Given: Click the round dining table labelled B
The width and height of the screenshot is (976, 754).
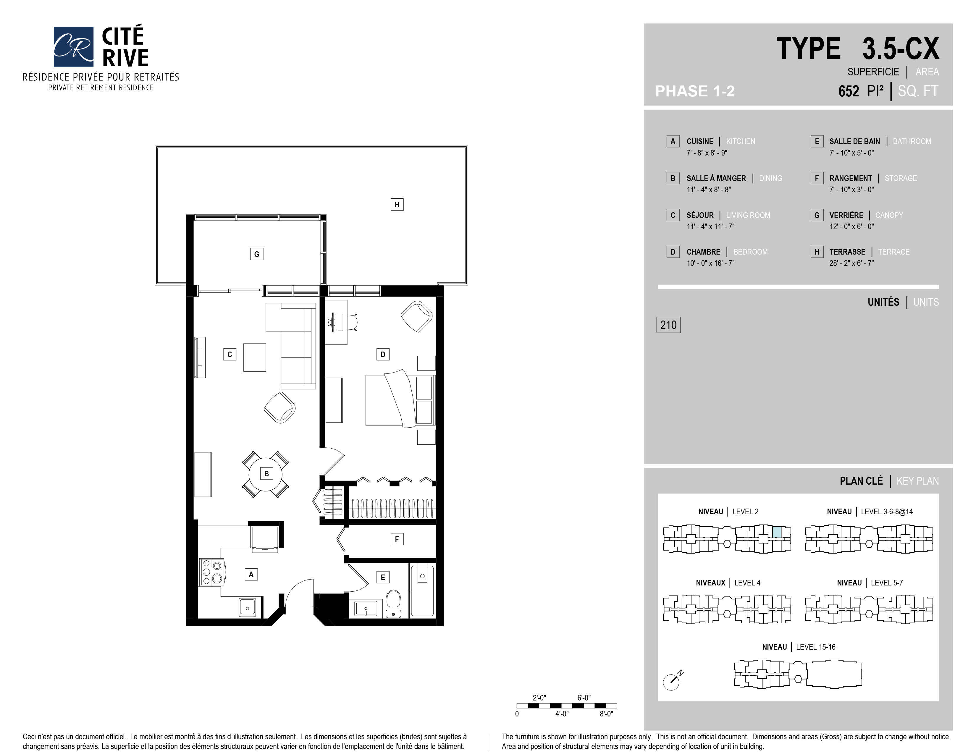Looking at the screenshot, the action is [x=266, y=474].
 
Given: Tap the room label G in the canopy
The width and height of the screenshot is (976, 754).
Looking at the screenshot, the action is [x=256, y=254].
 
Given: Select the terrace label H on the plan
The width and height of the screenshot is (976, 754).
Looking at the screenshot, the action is [x=397, y=205].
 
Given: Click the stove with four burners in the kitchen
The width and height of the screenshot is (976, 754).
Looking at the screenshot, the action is [x=212, y=572].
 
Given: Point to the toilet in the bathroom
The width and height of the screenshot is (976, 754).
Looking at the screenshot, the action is [x=393, y=604].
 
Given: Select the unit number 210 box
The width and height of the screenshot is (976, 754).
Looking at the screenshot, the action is [x=668, y=325].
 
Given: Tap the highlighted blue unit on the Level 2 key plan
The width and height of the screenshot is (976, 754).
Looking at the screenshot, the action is [x=777, y=532].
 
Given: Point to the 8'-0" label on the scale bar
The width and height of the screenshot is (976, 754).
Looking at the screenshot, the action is [x=606, y=714].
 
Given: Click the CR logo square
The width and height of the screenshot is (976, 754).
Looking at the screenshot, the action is [x=73, y=46].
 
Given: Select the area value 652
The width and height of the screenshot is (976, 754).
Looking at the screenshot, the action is [x=848, y=91].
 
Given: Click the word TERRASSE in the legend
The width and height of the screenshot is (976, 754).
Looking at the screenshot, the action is [x=847, y=252].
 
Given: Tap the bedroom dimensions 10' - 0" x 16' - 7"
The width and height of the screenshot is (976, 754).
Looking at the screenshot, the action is [x=710, y=263].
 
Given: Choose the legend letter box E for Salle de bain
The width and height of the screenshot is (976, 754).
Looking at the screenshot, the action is [x=817, y=141].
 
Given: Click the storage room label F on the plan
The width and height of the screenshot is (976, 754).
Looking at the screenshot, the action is [x=397, y=539].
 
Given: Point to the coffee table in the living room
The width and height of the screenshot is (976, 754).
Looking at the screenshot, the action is [x=255, y=357].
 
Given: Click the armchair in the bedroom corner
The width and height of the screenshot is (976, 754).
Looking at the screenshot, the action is [x=416, y=316].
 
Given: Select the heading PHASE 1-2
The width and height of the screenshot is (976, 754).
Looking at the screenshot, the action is [x=695, y=91].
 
